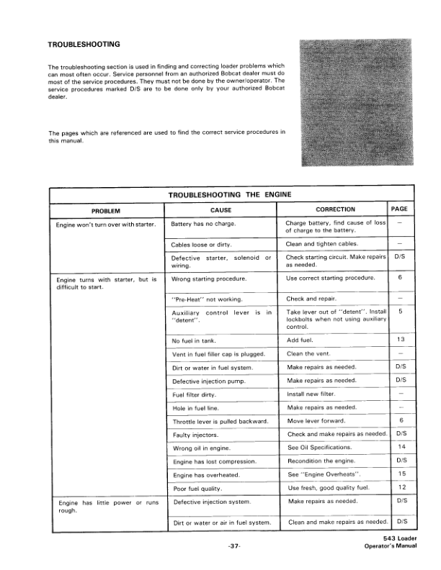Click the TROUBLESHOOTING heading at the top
coord(84,45)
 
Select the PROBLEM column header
coord(106,210)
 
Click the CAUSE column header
coord(220,209)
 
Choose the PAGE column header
coord(399,209)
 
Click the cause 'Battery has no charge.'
coord(204,225)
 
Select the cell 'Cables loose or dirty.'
coord(202,245)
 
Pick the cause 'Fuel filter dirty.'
coord(197,394)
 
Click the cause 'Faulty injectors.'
coord(195,434)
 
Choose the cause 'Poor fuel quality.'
coord(198,488)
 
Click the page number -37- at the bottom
coord(233,547)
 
